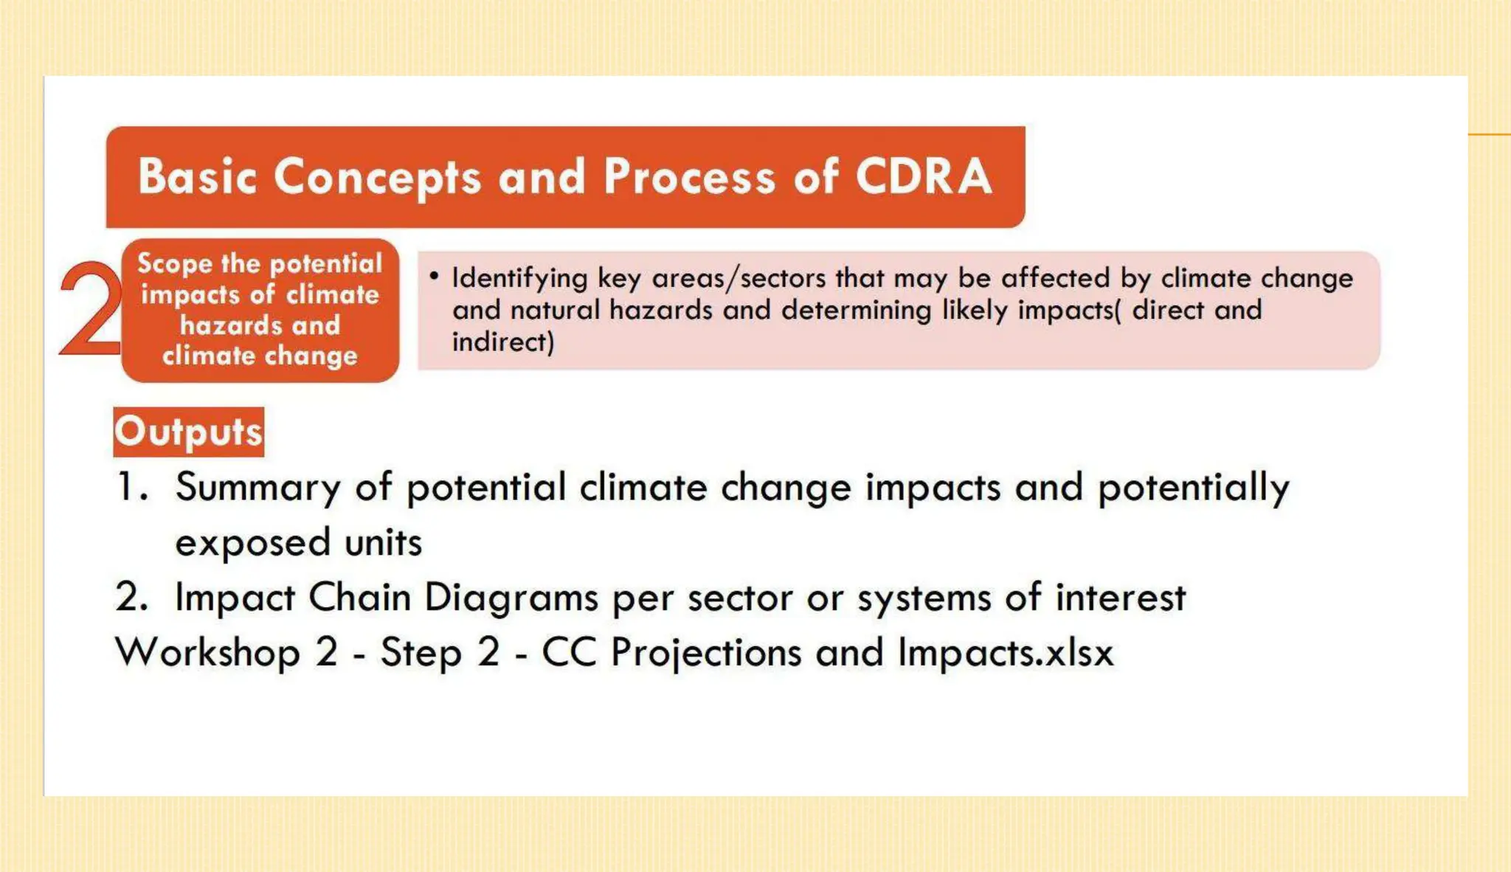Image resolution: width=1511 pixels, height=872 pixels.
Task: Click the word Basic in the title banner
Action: (197, 177)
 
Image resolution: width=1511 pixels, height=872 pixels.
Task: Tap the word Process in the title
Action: (689, 178)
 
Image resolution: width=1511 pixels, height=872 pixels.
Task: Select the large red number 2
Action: (90, 310)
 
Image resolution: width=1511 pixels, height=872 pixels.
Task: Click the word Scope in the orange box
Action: (174, 263)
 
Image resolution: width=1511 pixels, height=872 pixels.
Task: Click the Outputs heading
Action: (189, 432)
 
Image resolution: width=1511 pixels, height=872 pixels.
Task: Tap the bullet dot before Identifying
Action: (434, 276)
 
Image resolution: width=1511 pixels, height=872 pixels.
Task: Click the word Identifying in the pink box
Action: (519, 278)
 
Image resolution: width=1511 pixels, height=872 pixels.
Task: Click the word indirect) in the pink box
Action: (502, 342)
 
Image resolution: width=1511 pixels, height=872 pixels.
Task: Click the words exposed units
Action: (298, 543)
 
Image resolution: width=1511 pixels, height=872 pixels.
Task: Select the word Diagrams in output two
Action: (511, 598)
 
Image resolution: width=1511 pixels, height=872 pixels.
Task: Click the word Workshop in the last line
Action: (208, 653)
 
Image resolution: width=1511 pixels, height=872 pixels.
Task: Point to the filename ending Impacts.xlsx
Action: (1005, 653)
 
